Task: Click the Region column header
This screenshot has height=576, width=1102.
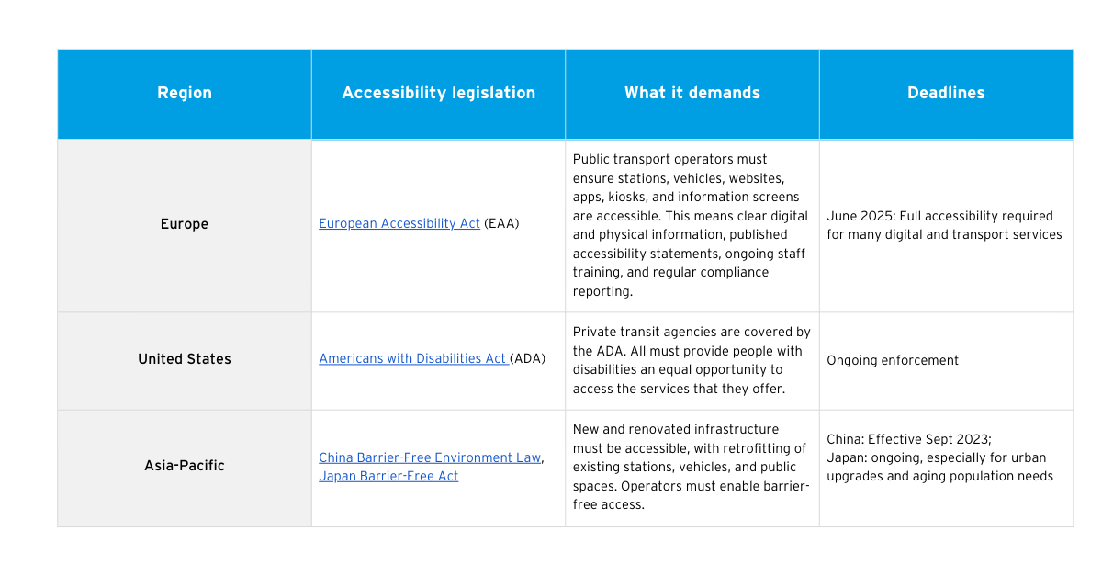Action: point(185,93)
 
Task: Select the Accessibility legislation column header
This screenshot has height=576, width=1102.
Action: point(438,93)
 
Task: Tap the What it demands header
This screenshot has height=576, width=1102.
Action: point(692,93)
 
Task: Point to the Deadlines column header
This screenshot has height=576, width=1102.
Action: point(946,93)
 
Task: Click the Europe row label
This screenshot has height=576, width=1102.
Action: point(185,224)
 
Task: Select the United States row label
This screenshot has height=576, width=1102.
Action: point(185,359)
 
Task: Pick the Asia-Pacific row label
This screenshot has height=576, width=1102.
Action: point(185,465)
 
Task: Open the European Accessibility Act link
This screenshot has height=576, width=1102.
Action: point(399,223)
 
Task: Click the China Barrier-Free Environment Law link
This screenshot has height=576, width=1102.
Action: point(430,457)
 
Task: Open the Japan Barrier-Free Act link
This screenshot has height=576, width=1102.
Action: point(388,476)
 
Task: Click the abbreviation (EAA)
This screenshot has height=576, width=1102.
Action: point(501,223)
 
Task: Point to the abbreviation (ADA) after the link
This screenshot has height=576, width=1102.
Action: point(527,358)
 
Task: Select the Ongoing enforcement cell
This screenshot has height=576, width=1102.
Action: point(893,360)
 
